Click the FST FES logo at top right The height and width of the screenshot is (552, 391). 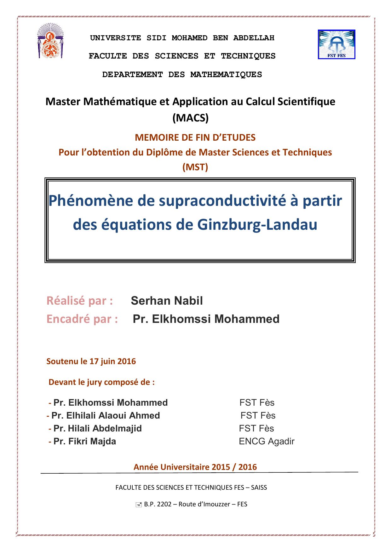click(336, 44)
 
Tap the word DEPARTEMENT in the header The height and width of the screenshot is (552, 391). click(133, 75)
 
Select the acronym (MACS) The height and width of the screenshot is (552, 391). click(191, 118)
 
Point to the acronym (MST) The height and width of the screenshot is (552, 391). click(195, 167)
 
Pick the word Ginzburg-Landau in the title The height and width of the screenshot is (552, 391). click(257, 225)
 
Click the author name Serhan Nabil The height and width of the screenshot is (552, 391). click(167, 301)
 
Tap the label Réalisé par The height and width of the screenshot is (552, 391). click(80, 301)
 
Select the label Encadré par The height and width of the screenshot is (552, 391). click(82, 319)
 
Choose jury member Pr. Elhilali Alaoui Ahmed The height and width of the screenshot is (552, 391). click(106, 415)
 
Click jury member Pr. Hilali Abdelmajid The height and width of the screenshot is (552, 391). click(97, 428)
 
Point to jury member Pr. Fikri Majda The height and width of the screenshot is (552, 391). click(84, 441)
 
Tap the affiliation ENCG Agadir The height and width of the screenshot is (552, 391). click(267, 441)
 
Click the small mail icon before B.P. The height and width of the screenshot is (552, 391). click(138, 505)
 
